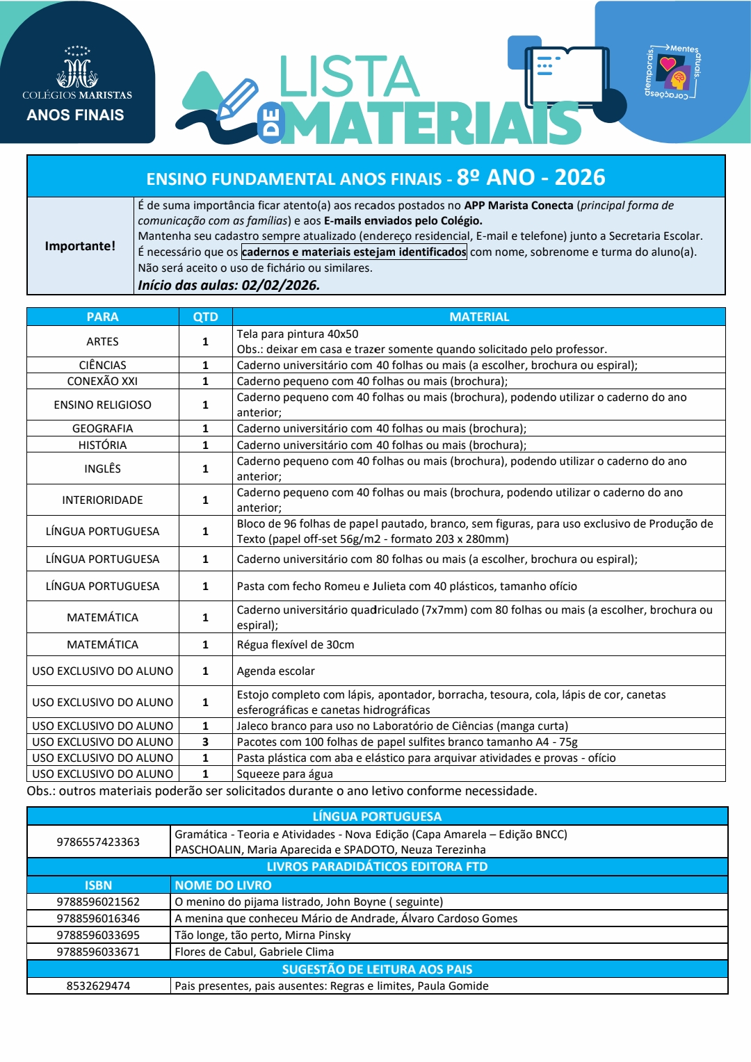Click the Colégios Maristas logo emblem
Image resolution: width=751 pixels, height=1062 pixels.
pos(77,69)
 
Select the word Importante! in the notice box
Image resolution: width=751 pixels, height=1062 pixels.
pos(80,246)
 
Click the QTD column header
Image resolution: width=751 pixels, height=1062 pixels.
pos(205,317)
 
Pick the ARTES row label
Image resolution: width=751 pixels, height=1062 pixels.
pos(102,341)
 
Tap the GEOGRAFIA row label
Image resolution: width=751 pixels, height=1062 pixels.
pos(102,429)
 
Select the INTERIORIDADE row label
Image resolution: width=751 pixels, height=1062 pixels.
pos(102,500)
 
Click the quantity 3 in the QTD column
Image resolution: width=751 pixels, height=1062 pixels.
pos(205,742)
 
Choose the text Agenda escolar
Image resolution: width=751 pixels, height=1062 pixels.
pos(275,671)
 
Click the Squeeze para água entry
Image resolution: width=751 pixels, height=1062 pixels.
pos(284,774)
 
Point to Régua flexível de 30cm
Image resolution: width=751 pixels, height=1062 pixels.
pos(295,644)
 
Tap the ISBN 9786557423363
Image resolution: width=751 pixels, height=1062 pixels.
pos(98,842)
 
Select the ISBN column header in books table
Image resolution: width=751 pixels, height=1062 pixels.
pos(98,885)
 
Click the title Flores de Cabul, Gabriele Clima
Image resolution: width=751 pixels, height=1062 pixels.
pos(254,951)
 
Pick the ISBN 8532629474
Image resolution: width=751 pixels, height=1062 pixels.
pos(98,986)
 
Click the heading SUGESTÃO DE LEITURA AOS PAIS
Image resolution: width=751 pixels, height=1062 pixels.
pos(377,969)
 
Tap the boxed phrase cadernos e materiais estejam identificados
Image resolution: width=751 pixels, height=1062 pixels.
pos(354,252)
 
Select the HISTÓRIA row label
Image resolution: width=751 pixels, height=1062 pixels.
pos(102,445)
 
